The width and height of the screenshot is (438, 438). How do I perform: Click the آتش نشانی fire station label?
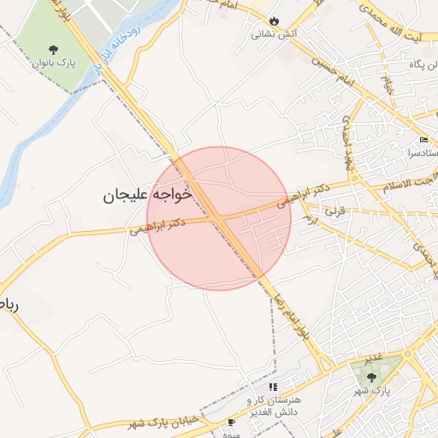point(274,35)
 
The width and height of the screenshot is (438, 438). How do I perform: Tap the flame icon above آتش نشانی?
point(274,21)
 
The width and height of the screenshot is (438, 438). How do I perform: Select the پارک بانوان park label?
point(53,63)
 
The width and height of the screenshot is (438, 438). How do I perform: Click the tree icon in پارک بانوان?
point(53,49)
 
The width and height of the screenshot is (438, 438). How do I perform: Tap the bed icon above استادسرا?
point(424,140)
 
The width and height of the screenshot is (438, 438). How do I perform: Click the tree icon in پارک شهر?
point(370,376)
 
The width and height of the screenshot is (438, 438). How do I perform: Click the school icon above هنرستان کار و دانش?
point(273,388)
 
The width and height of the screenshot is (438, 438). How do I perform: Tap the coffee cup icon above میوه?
point(231,423)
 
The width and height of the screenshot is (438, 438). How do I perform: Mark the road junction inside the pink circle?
point(217,219)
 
